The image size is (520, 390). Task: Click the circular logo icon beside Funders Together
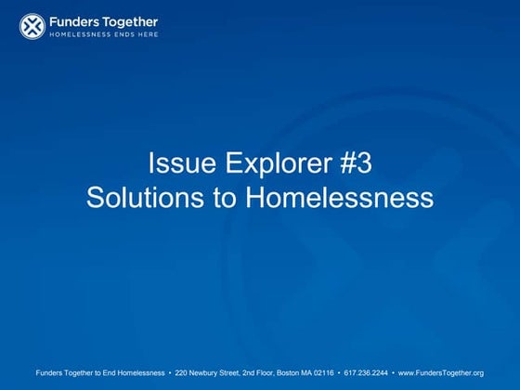[32, 26]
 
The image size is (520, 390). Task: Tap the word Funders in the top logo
[75, 21]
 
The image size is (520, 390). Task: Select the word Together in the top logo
[130, 21]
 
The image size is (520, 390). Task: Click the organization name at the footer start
[101, 372]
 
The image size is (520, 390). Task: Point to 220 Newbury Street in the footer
[204, 372]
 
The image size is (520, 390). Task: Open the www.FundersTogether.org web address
[441, 372]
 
